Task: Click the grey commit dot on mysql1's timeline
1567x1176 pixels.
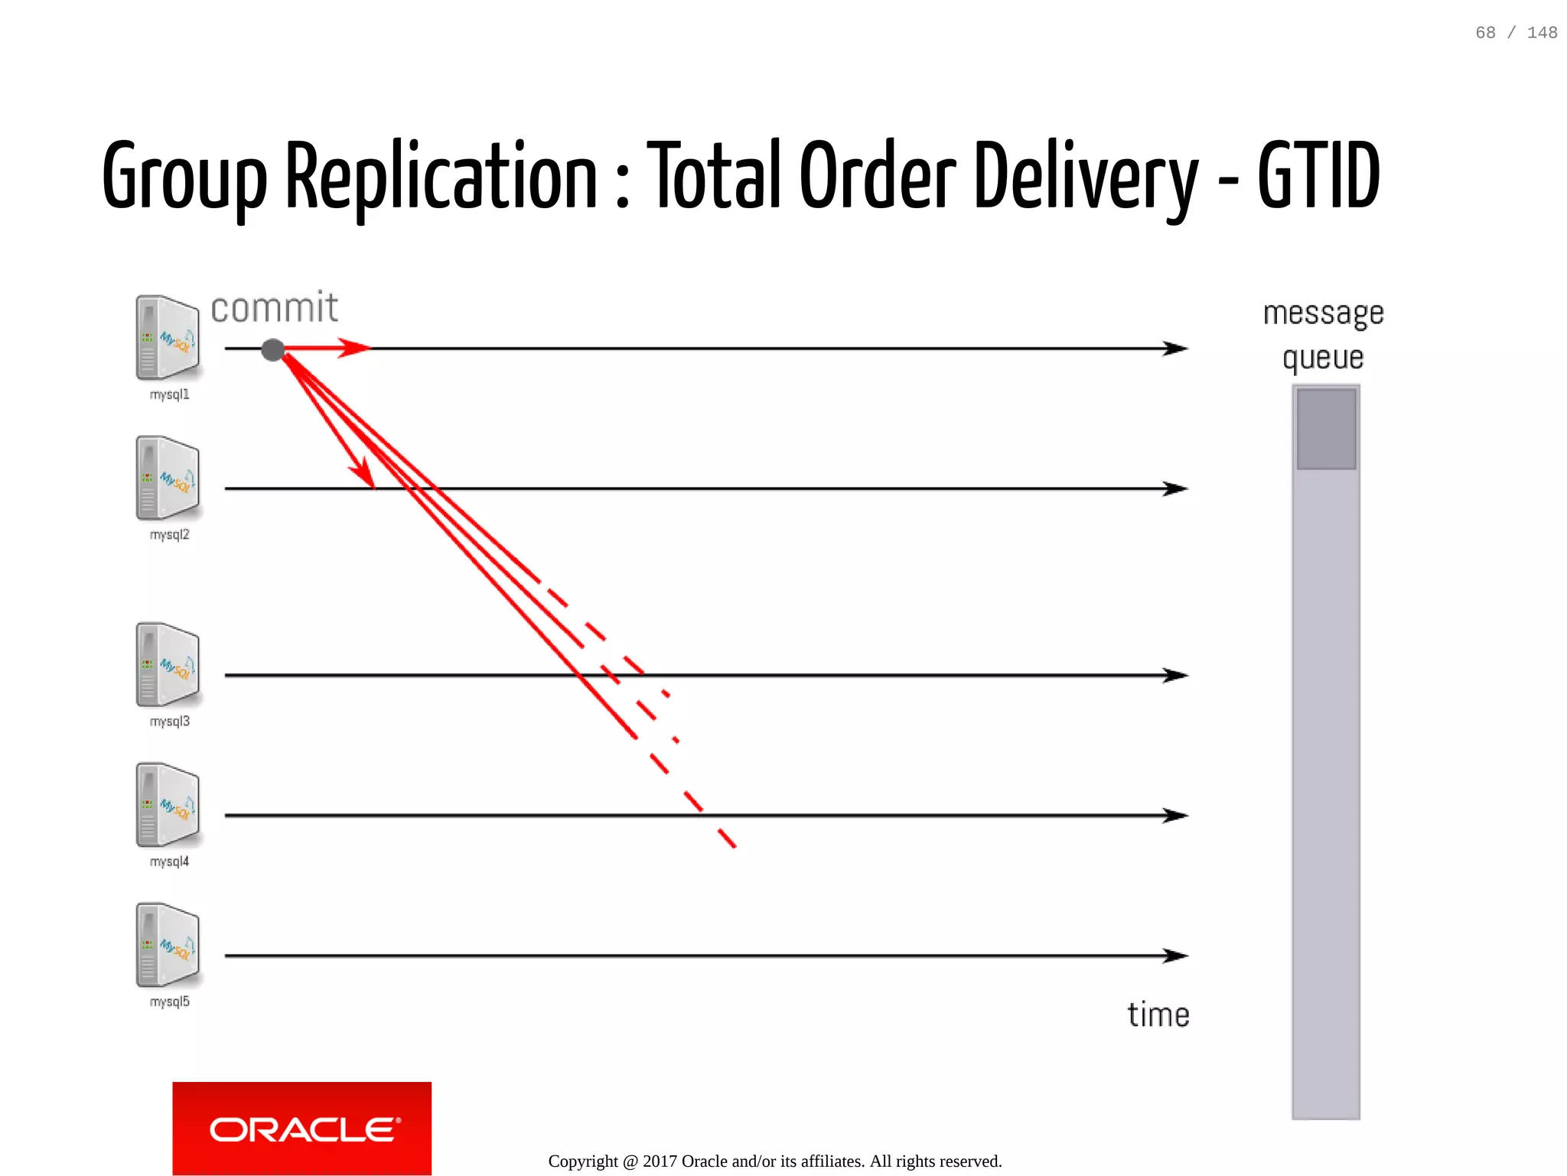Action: pyautogui.click(x=272, y=350)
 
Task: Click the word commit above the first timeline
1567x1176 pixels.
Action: pyautogui.click(x=274, y=308)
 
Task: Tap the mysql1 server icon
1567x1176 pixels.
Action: pyautogui.click(x=168, y=337)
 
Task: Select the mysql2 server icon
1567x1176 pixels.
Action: pyautogui.click(x=168, y=478)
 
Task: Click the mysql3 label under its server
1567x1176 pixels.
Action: pyautogui.click(x=169, y=722)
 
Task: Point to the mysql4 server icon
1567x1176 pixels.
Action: pyautogui.click(x=168, y=805)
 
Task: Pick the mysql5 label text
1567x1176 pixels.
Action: pyautogui.click(x=169, y=1002)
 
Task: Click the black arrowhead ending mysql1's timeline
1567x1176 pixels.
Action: pyautogui.click(x=1176, y=349)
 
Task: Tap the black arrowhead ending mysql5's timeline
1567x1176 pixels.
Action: pyautogui.click(x=1176, y=956)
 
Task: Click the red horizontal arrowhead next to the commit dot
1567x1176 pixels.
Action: pyautogui.click(x=354, y=348)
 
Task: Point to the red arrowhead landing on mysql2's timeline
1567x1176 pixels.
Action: pyautogui.click(x=364, y=474)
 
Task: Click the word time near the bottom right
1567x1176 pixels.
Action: pyautogui.click(x=1158, y=1015)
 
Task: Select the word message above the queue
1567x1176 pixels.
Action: pyautogui.click(x=1323, y=313)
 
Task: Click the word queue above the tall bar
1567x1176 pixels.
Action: pyautogui.click(x=1323, y=358)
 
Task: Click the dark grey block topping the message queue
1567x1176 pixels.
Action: pyautogui.click(x=1326, y=428)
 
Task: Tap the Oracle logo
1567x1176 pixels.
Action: pyautogui.click(x=302, y=1129)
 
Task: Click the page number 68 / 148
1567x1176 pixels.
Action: pyautogui.click(x=1516, y=33)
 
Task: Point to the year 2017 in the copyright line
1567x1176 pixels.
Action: pyautogui.click(x=660, y=1161)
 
